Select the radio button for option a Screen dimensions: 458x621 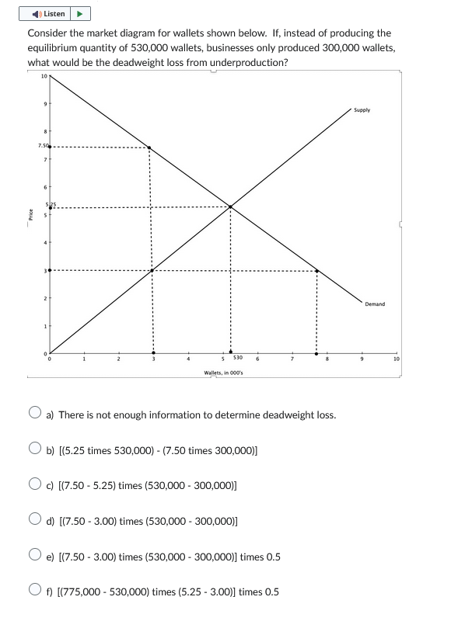(35, 415)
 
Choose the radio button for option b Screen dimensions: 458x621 (35, 449)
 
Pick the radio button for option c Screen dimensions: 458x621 (35, 485)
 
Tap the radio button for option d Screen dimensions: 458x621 (35, 521)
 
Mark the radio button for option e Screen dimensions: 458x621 (35, 557)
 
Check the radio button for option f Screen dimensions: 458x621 (35, 592)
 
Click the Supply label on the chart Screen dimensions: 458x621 (362, 110)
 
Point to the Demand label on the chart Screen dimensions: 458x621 (374, 304)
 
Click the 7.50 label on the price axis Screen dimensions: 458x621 (42, 146)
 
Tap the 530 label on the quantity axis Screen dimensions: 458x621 (238, 359)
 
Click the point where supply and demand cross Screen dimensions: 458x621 (230, 206)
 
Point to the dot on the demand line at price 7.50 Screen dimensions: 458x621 (149, 147)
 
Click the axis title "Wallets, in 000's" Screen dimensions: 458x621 (223, 373)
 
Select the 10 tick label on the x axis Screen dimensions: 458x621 (396, 359)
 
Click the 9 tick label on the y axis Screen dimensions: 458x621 (44, 104)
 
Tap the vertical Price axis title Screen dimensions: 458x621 (30, 213)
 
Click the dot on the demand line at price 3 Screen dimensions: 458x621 (316, 271)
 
